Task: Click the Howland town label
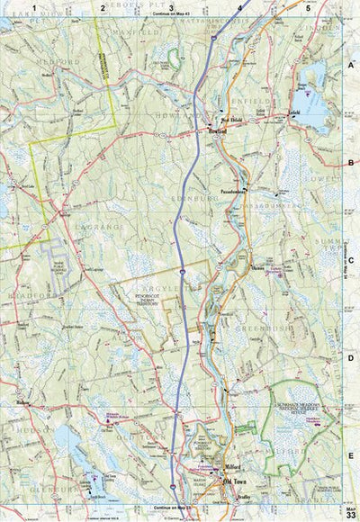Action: pos(211,140)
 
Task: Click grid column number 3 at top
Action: pos(170,7)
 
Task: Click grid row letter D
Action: pos(350,358)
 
